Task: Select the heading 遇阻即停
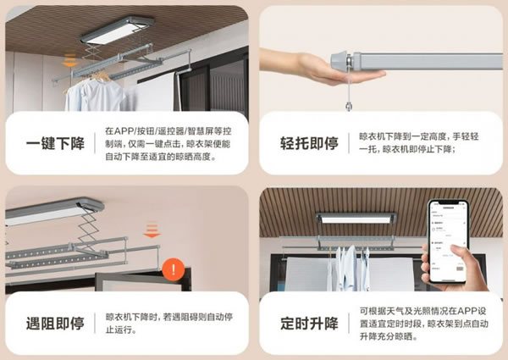(55, 323)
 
